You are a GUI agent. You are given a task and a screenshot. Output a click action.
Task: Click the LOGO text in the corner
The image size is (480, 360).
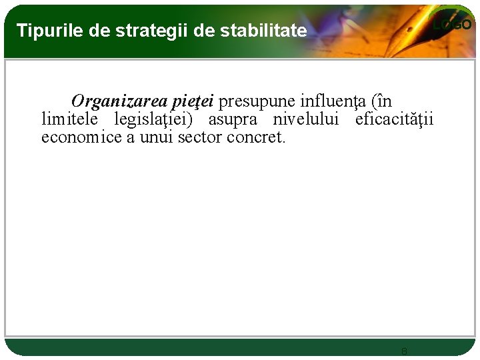tap(452, 25)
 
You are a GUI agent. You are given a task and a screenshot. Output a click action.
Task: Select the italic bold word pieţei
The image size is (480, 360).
tap(193, 101)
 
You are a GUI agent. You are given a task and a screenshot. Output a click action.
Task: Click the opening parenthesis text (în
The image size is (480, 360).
tap(381, 101)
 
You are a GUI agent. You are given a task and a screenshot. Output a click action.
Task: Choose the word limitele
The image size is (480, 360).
tap(69, 119)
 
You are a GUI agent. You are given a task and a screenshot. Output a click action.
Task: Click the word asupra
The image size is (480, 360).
tap(233, 119)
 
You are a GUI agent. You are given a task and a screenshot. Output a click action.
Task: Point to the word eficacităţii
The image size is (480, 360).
tap(394, 119)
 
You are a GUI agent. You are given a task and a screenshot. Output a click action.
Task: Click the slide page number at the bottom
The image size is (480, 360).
tap(404, 351)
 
